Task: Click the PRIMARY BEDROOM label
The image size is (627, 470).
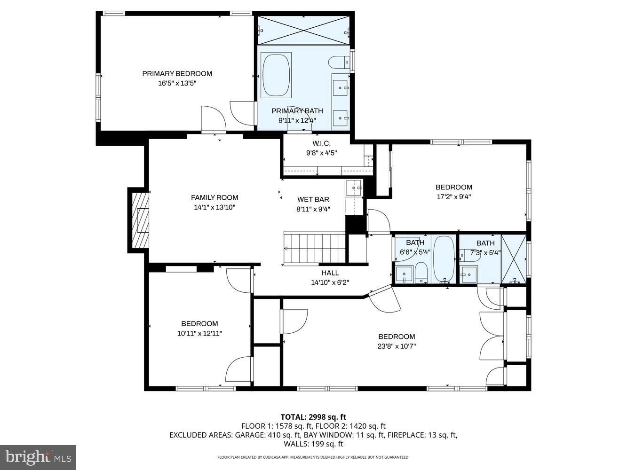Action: tap(177, 73)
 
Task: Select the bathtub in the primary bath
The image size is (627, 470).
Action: tap(276, 75)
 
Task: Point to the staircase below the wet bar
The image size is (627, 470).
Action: tap(315, 248)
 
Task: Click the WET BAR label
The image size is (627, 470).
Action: tap(313, 199)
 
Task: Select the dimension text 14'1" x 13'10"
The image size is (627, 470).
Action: tap(214, 207)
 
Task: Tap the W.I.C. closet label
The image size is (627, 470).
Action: tap(321, 143)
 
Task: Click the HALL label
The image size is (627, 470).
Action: tap(330, 273)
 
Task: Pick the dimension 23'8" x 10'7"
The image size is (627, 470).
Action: tap(397, 346)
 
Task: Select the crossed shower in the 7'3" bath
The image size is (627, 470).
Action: tap(513, 259)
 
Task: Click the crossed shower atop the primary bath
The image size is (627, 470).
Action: tap(303, 31)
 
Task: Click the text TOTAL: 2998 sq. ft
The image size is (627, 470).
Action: tap(313, 417)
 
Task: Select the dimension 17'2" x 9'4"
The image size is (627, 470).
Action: tap(454, 197)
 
